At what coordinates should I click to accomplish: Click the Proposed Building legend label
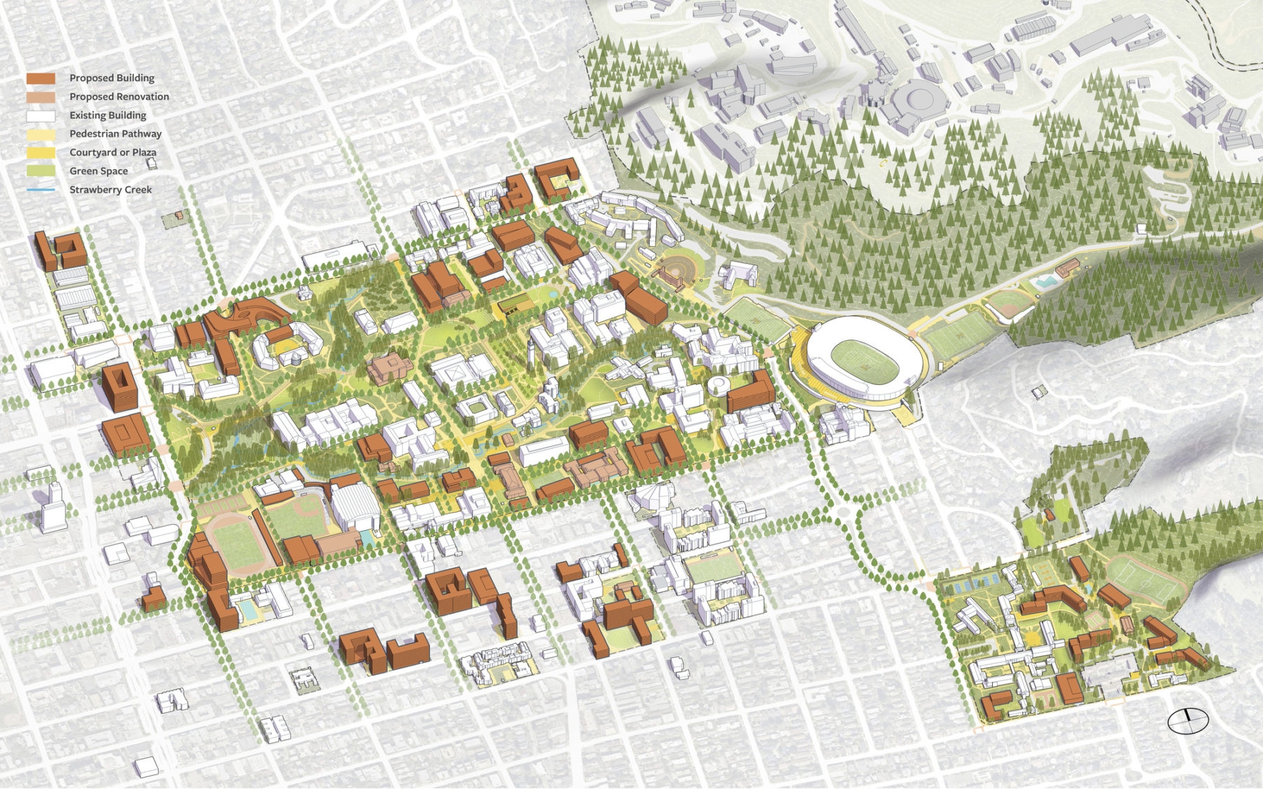[112, 78]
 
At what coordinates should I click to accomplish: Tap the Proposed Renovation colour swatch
[41, 97]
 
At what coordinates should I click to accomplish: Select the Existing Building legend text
[107, 115]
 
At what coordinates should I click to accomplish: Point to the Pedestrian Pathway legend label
[115, 133]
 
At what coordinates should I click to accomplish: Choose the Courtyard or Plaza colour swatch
[41, 152]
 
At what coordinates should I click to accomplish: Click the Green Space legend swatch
[41, 170]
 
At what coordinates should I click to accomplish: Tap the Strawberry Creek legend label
[110, 189]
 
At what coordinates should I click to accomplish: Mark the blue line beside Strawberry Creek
[41, 189]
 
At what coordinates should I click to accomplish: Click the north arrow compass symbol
[1188, 720]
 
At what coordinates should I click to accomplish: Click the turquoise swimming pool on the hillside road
[1046, 282]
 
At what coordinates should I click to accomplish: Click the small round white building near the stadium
[719, 385]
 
